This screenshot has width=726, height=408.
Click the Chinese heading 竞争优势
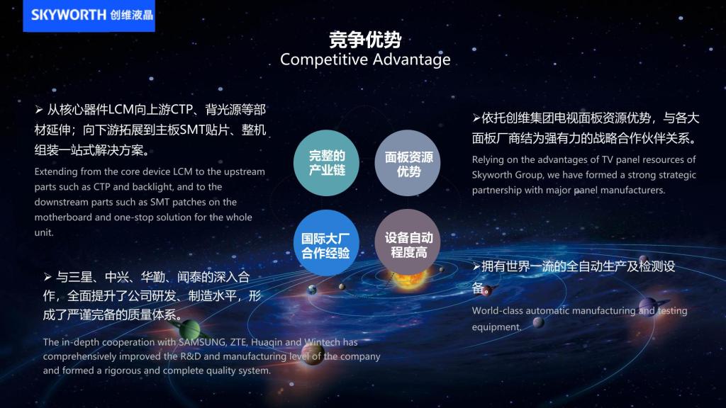coord(365,40)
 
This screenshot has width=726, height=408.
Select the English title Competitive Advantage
coord(365,59)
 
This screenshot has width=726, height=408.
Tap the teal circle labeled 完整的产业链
coord(327,163)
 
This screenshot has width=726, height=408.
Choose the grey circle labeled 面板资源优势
coord(408,163)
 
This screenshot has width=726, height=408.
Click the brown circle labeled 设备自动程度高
coord(408,242)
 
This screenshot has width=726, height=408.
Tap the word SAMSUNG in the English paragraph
coord(202,342)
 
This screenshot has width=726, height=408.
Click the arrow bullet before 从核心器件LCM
coord(39,110)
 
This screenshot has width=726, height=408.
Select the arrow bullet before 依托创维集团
coord(476,118)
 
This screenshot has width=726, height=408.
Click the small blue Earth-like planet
coord(313,290)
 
